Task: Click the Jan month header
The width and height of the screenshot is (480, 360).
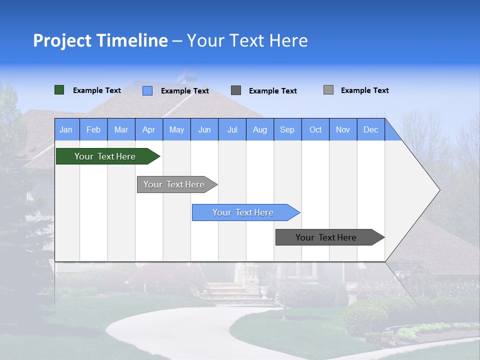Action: (66, 129)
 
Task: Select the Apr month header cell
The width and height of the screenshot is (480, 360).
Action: (148, 129)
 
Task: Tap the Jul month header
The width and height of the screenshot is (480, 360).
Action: (232, 129)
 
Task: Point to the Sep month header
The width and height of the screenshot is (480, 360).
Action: (287, 129)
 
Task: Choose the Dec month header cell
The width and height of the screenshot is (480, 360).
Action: (370, 129)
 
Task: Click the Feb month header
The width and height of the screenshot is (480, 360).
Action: (93, 129)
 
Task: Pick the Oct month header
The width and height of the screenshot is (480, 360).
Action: (315, 129)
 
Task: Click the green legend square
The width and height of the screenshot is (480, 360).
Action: (59, 90)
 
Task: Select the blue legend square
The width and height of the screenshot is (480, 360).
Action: (147, 90)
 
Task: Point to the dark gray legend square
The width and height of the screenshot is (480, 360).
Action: (236, 90)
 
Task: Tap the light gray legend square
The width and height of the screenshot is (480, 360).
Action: (328, 90)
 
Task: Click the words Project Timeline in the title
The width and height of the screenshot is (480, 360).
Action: (100, 40)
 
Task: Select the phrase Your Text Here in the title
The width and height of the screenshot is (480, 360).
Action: (247, 40)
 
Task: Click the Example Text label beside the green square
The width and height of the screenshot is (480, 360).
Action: (97, 90)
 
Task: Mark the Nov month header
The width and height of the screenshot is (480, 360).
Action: (343, 129)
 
